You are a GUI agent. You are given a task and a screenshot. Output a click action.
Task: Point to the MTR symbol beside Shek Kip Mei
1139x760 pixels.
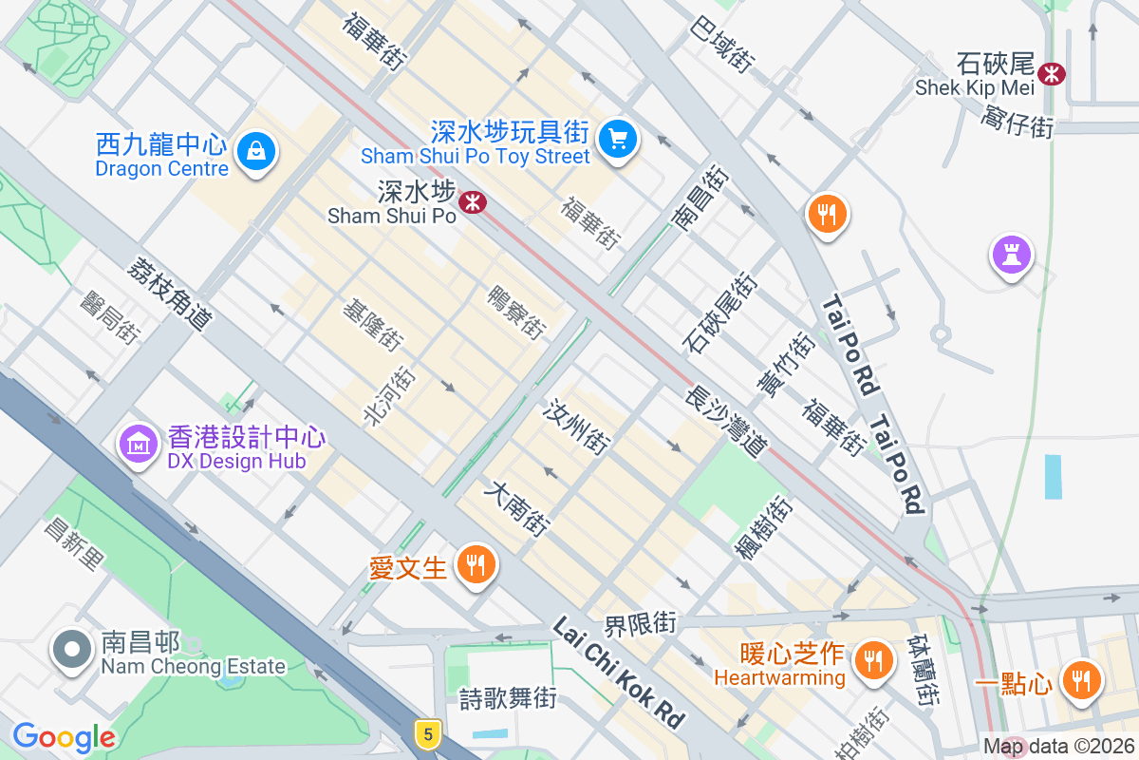[1052, 73]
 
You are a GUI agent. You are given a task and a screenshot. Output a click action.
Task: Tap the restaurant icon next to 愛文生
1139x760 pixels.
[475, 565]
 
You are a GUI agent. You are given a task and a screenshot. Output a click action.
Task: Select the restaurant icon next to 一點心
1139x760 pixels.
[1080, 679]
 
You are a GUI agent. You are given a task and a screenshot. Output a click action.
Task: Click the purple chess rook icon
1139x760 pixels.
[1012, 254]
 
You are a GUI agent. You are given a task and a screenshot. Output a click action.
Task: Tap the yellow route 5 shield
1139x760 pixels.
[429, 732]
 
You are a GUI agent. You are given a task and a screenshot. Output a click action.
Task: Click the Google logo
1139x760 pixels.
[64, 736]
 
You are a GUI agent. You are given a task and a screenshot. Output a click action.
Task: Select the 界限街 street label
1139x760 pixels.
[641, 624]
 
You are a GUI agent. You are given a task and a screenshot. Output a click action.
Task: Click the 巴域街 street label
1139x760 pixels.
[723, 45]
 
